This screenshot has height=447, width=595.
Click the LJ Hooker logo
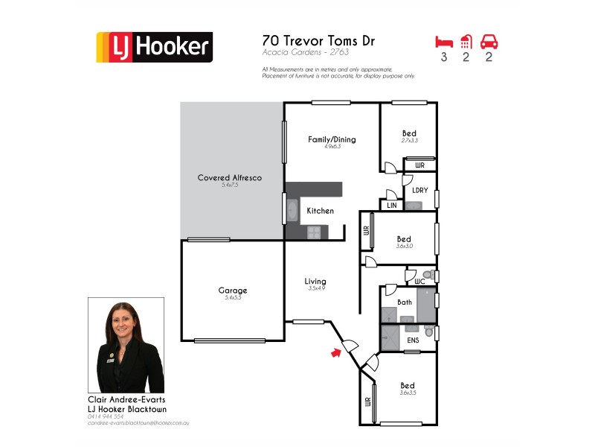click(x=154, y=47)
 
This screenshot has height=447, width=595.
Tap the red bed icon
click(x=443, y=41)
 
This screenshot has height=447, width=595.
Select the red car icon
click(x=489, y=41)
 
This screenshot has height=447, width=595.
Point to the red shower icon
click(x=466, y=41)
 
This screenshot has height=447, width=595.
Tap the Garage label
click(x=232, y=291)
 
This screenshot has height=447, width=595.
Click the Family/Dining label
click(x=332, y=139)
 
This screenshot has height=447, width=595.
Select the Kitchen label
click(x=321, y=211)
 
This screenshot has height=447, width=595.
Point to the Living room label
click(x=315, y=281)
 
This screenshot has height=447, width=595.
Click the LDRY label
click(x=419, y=191)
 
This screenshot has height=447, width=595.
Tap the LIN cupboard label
click(x=391, y=205)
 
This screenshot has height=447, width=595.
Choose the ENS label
click(x=413, y=340)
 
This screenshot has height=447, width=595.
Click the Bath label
click(x=405, y=302)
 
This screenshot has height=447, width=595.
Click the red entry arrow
click(x=337, y=353)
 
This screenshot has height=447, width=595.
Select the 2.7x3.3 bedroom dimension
click(x=409, y=141)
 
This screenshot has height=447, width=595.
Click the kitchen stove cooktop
click(x=314, y=232)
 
